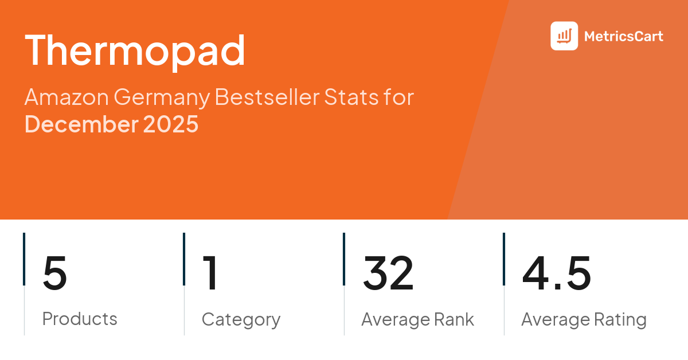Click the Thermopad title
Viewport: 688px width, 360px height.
coord(135,50)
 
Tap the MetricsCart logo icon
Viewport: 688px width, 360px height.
coord(564,36)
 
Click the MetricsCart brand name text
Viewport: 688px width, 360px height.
coord(623,37)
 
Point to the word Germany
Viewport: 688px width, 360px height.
coord(162,97)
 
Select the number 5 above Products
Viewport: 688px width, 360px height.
coord(55,274)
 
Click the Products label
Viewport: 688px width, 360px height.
coord(80,319)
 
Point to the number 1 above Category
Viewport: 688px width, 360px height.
coord(210,274)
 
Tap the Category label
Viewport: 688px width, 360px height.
coord(241,319)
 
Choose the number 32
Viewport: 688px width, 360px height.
coord(388,274)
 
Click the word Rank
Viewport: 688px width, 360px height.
coord(452,319)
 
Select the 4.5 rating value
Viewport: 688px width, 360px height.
coord(556,274)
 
